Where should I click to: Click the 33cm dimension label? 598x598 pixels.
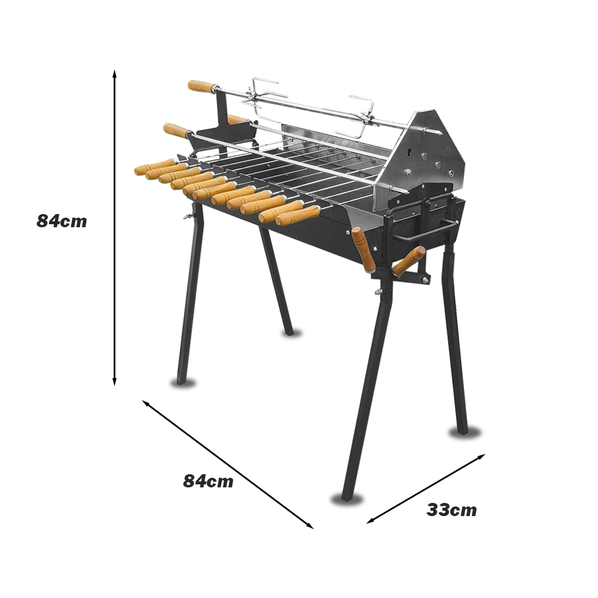pos(451,510)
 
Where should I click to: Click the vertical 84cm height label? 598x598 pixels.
pos(62,221)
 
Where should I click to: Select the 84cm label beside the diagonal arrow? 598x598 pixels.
pos(208,481)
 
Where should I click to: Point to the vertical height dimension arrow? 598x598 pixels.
pos(114,228)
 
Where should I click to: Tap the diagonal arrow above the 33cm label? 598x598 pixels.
pos(426,489)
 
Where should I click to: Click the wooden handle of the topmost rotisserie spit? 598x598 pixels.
pos(202,87)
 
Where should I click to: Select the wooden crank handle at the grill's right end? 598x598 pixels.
pos(409,261)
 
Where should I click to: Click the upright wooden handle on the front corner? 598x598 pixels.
pos(363,249)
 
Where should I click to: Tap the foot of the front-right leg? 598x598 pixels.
pos(347,496)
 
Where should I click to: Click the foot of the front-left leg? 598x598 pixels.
pos(181,380)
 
